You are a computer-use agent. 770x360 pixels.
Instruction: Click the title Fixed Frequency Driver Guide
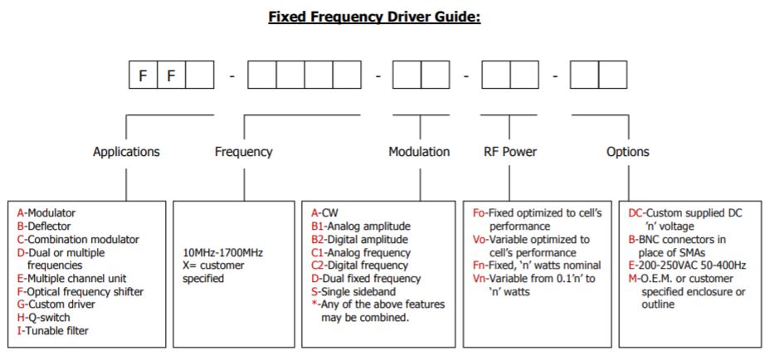coord(374,17)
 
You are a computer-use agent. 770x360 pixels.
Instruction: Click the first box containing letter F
coord(143,76)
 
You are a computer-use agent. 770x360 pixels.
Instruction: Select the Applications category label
coord(126,152)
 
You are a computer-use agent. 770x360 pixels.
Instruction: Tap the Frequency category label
coord(243,152)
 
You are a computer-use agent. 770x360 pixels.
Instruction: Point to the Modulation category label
coord(419,152)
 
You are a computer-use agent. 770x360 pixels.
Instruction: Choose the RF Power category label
coord(509,152)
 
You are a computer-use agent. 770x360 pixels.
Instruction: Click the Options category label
coord(628,152)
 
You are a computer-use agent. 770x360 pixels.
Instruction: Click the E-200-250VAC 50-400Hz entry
coord(688,265)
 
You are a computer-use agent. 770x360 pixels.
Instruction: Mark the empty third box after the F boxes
coord(199,76)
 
